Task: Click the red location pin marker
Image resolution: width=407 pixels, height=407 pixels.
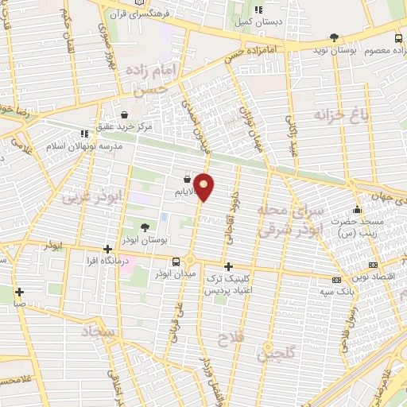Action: tap(205, 187)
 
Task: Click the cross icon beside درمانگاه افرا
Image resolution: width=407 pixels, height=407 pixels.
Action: tap(107, 249)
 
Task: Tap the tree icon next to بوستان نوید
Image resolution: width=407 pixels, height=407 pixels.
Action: tap(335, 37)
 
